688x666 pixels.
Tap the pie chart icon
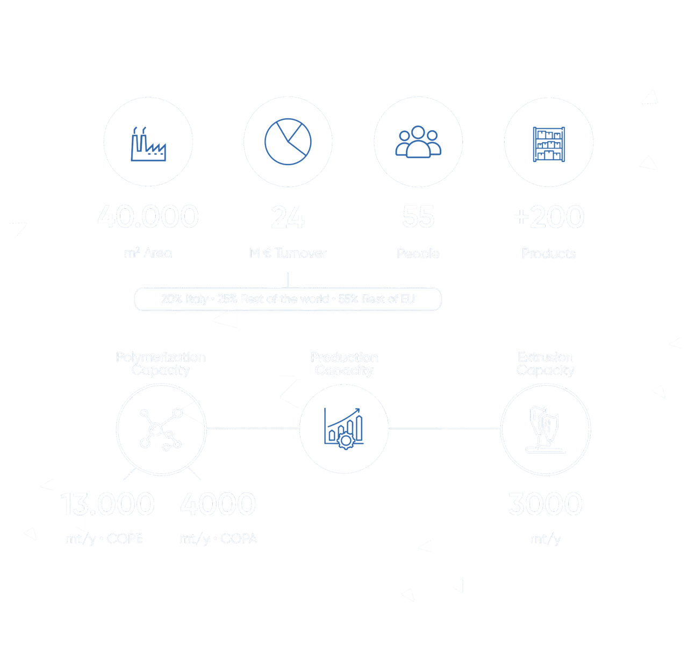(x=288, y=141)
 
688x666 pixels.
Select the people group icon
(x=418, y=142)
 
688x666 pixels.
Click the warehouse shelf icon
(x=549, y=143)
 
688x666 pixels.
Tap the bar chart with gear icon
(x=344, y=428)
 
